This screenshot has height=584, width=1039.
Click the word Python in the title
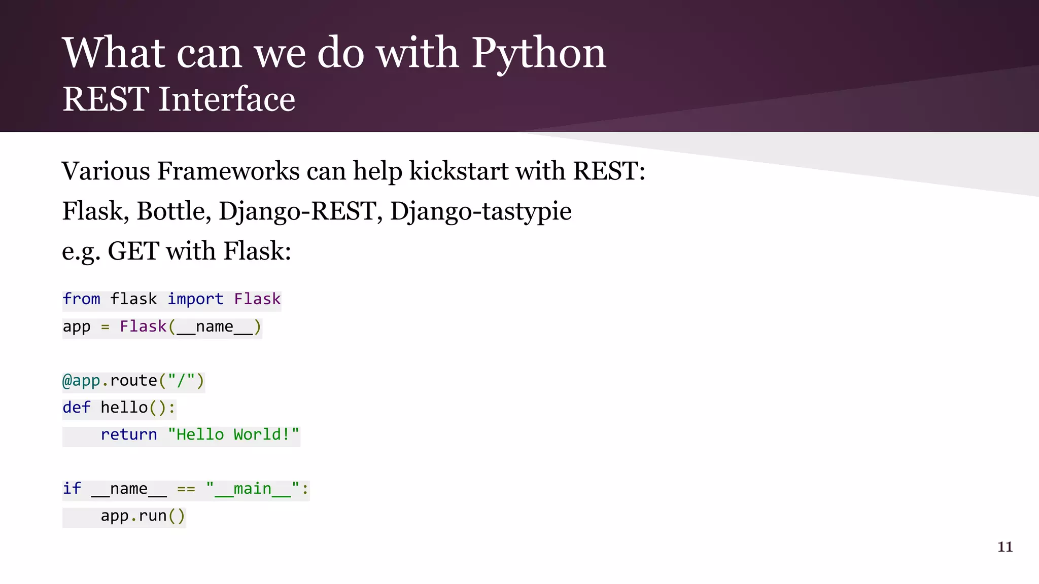click(539, 54)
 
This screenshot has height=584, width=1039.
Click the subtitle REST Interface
click(179, 99)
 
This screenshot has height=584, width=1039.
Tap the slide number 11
click(1005, 546)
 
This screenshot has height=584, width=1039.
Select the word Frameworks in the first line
click(228, 171)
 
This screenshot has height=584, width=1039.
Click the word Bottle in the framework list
click(174, 211)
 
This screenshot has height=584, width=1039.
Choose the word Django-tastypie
click(480, 211)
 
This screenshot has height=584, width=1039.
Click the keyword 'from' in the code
click(81, 299)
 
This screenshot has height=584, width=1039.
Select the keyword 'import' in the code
click(195, 299)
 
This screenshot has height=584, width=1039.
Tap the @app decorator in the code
click(81, 380)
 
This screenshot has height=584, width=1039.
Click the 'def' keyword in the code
click(76, 408)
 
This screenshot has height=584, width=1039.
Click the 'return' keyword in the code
click(129, 434)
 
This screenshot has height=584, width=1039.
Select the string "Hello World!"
click(233, 434)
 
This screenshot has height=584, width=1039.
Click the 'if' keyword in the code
click(72, 489)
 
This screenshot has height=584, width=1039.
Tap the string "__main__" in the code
click(253, 489)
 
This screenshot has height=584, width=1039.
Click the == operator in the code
click(186, 489)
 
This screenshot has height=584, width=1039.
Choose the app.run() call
click(143, 516)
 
